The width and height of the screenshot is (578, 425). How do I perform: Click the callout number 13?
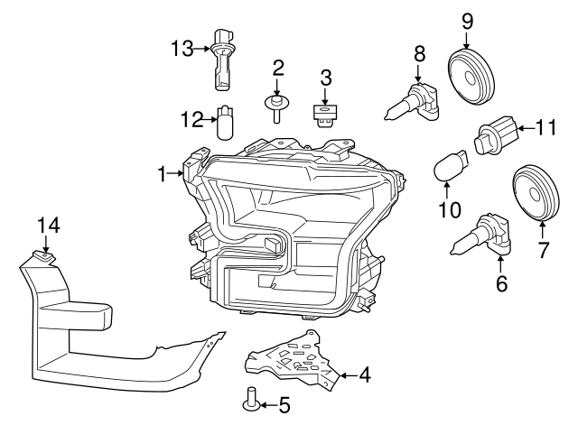click(x=182, y=48)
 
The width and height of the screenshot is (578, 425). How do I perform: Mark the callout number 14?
click(x=46, y=226)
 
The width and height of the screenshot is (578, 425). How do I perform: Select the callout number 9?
click(x=467, y=19)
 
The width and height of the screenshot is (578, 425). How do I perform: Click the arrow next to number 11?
click(x=527, y=129)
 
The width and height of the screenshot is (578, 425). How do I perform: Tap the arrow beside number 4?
click(x=346, y=373)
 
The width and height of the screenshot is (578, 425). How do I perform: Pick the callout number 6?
click(x=501, y=286)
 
